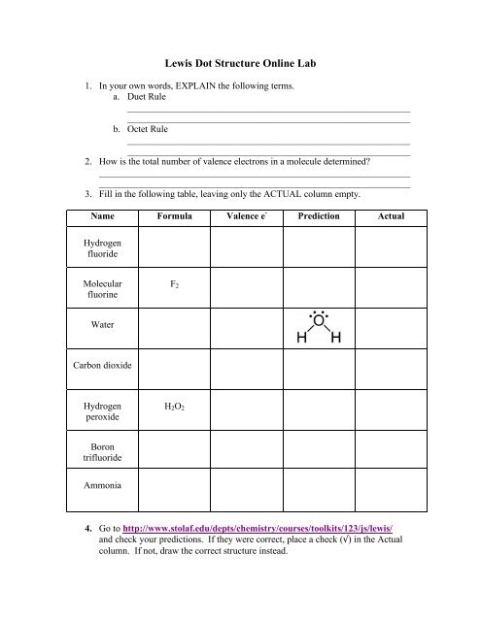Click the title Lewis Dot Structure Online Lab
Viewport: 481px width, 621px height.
click(x=240, y=62)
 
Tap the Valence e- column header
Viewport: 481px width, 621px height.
click(x=247, y=215)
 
